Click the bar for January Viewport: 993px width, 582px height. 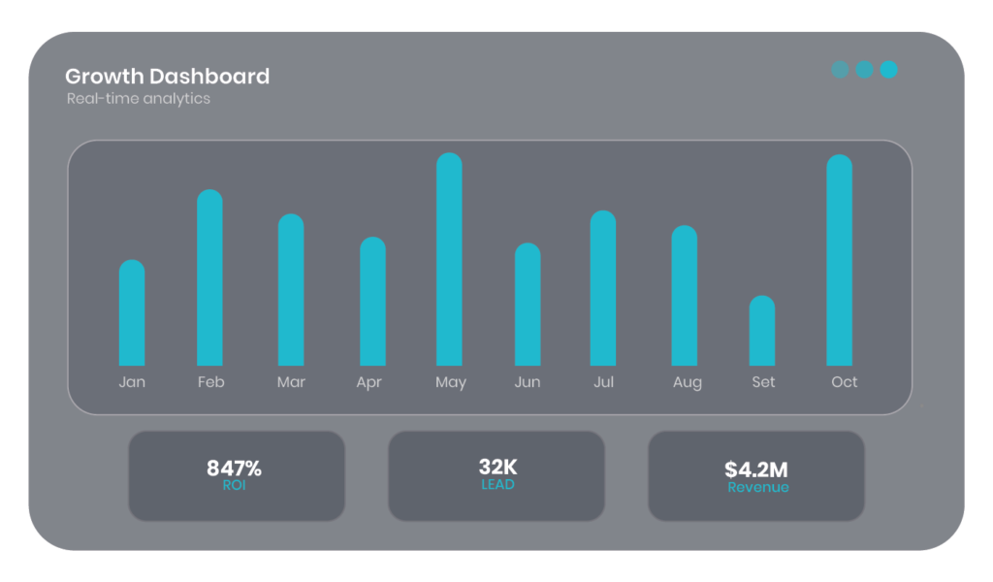coord(132,312)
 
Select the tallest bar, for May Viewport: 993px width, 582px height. coord(449,259)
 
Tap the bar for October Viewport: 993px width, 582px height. coord(840,260)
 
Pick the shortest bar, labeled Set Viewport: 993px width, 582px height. coord(762,331)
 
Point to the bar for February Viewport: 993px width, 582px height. coord(209,277)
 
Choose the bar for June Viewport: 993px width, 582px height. coord(528,304)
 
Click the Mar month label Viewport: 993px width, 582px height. coord(291,382)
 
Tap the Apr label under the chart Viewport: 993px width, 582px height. coord(368,382)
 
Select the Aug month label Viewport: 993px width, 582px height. coord(688,382)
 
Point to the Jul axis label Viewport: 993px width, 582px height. coord(603,382)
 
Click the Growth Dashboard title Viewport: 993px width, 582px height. coord(167,77)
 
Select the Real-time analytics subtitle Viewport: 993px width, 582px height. coord(139,99)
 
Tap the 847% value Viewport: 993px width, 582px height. coord(234,469)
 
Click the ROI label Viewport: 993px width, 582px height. coord(234,485)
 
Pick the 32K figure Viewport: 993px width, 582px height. coord(497,468)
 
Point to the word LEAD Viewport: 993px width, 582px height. coord(497,484)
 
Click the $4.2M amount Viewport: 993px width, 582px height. coord(756,470)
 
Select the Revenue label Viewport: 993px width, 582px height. coord(758,487)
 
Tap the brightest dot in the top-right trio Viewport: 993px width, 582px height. coord(888,70)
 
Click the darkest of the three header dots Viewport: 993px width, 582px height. coord(840,70)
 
